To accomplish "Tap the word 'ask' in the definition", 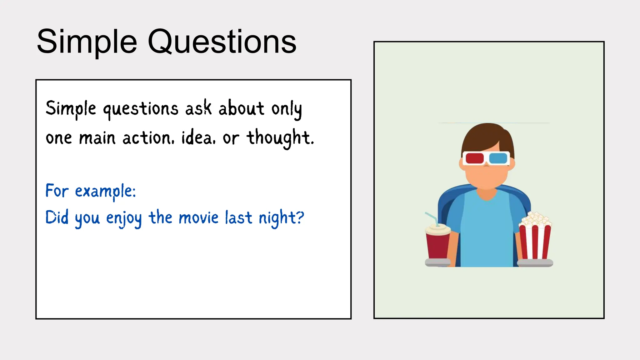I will [x=198, y=108].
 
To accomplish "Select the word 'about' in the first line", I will [x=241, y=108].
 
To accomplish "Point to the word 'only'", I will [x=287, y=110].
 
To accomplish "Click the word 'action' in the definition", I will [x=147, y=138].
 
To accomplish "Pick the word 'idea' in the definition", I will [x=198, y=138].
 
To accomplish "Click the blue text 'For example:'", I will [x=91, y=191].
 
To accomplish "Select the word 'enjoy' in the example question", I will [x=124, y=218].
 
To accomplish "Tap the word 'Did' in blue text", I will [x=57, y=217].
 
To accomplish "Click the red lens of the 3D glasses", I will [x=474, y=158].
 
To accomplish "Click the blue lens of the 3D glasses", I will [x=498, y=158].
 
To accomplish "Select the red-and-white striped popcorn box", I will [x=535, y=242].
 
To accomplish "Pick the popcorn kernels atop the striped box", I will [x=535, y=219].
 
